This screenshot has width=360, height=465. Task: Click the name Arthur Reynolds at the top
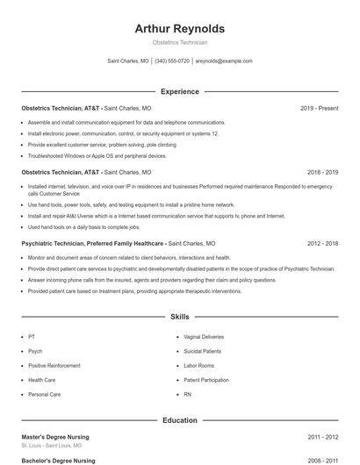click(x=179, y=29)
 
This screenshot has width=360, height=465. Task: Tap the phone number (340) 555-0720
click(x=172, y=61)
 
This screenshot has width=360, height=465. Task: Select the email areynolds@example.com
click(x=223, y=61)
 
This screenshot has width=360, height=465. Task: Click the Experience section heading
click(x=179, y=91)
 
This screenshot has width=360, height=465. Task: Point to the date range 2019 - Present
click(x=319, y=108)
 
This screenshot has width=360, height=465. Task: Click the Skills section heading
click(x=179, y=317)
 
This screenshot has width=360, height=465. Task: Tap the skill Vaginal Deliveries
click(x=204, y=337)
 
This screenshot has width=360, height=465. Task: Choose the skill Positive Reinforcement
click(x=55, y=366)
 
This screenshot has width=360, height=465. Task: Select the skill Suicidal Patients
click(x=203, y=351)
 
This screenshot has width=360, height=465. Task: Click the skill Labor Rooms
click(x=198, y=366)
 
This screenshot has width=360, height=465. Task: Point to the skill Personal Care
click(x=44, y=395)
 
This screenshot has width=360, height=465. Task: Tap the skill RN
click(x=187, y=395)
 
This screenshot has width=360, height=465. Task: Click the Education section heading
click(x=179, y=420)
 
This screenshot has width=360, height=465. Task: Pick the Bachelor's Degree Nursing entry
click(x=58, y=460)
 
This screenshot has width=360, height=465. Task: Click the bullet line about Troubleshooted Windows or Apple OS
click(x=97, y=155)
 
